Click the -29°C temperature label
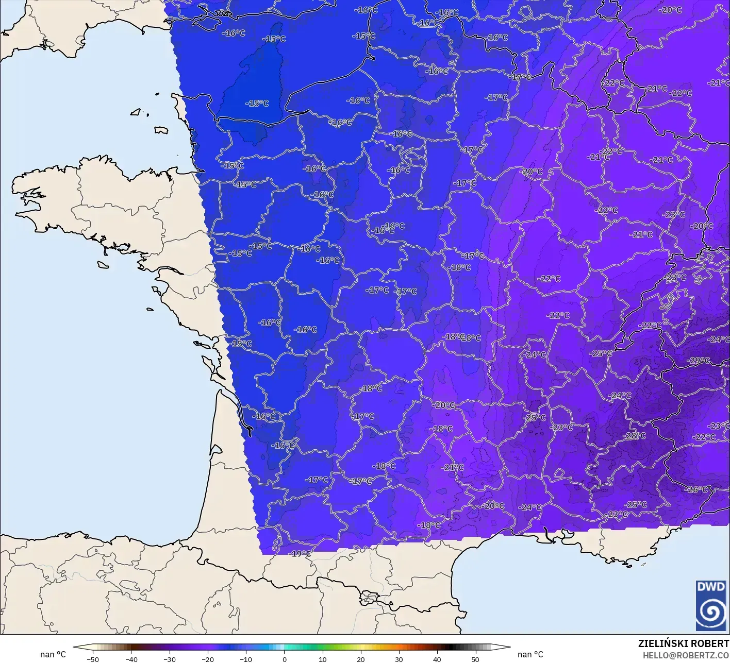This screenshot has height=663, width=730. (x=700, y=361)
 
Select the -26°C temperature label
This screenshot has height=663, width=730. (x=696, y=489)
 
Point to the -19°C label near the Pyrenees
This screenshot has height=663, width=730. (x=301, y=554)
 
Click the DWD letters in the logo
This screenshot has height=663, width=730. (x=710, y=587)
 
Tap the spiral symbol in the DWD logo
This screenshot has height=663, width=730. (x=710, y=613)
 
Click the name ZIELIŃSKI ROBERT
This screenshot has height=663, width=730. (x=683, y=644)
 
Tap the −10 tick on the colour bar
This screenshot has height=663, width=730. (x=246, y=659)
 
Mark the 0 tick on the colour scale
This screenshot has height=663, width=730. (x=284, y=659)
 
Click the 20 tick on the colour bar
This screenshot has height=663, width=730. (x=361, y=659)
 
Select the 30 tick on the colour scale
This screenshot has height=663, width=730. (x=399, y=659)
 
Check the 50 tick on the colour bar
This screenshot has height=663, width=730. (x=475, y=659)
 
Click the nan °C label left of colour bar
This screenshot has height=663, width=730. (x=53, y=655)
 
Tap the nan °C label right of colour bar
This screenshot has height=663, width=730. (x=530, y=655)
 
